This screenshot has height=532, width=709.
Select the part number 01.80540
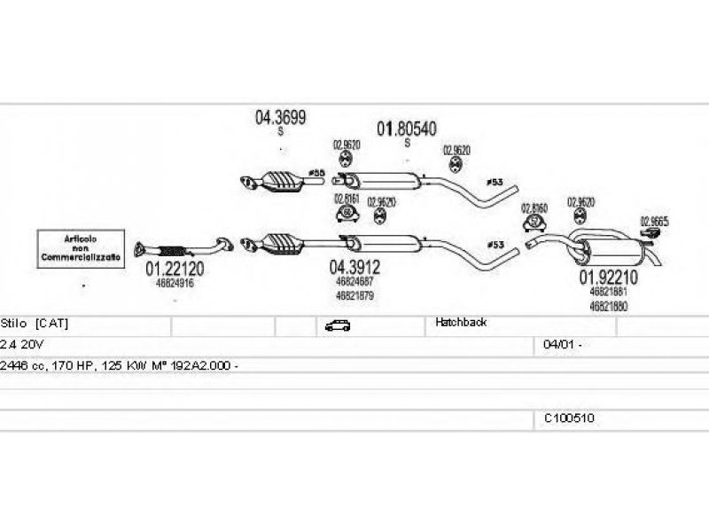point(407,129)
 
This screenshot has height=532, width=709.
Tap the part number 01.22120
point(175,270)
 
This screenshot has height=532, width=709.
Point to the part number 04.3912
point(355,267)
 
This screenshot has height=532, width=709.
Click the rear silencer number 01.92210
point(609,278)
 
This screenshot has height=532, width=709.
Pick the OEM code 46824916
point(175,283)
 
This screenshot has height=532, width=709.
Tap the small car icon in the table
point(337,325)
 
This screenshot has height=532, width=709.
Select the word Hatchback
point(461,324)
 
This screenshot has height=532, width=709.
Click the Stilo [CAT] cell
point(35,324)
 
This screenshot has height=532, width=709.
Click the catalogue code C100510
point(569,418)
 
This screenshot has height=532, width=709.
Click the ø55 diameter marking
point(316,171)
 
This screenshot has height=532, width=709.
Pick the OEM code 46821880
point(609,306)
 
